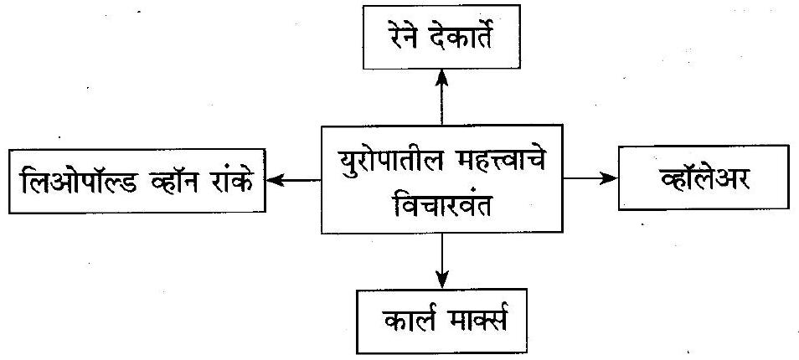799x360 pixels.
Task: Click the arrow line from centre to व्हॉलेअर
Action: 586,178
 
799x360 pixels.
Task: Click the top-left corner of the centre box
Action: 322,128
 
